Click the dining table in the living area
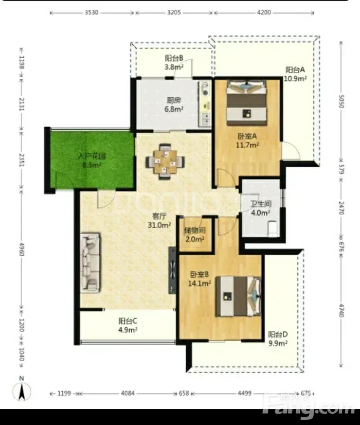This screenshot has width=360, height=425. [x=165, y=162]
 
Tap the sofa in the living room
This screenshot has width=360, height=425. [x=90, y=262]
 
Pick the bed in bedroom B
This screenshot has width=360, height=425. [x=238, y=296]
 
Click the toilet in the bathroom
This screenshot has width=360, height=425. [x=272, y=228]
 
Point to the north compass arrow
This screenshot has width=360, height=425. [x=22, y=392]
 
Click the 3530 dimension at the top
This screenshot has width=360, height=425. [x=92, y=12]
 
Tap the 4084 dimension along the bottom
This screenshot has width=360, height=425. [x=128, y=393]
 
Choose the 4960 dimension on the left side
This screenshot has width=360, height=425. [x=22, y=250]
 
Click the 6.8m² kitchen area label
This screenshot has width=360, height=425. [x=174, y=109]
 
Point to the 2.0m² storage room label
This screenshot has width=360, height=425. [x=194, y=239]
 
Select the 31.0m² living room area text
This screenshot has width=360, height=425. [x=159, y=225]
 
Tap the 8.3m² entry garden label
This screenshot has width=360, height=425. [x=92, y=165]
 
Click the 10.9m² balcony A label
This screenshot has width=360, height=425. [x=295, y=79]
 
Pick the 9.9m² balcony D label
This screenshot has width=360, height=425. [x=278, y=343]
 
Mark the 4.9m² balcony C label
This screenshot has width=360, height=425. [x=128, y=330]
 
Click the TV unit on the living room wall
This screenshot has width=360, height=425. [x=172, y=270]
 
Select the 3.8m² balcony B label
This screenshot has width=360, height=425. [x=174, y=67]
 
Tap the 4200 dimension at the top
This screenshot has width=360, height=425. [x=264, y=12]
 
